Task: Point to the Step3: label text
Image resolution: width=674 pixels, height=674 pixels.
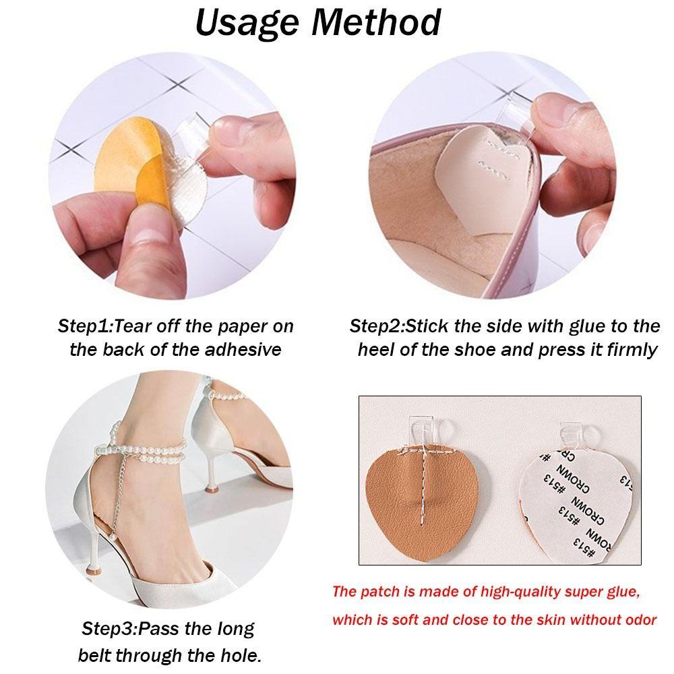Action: point(109,630)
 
